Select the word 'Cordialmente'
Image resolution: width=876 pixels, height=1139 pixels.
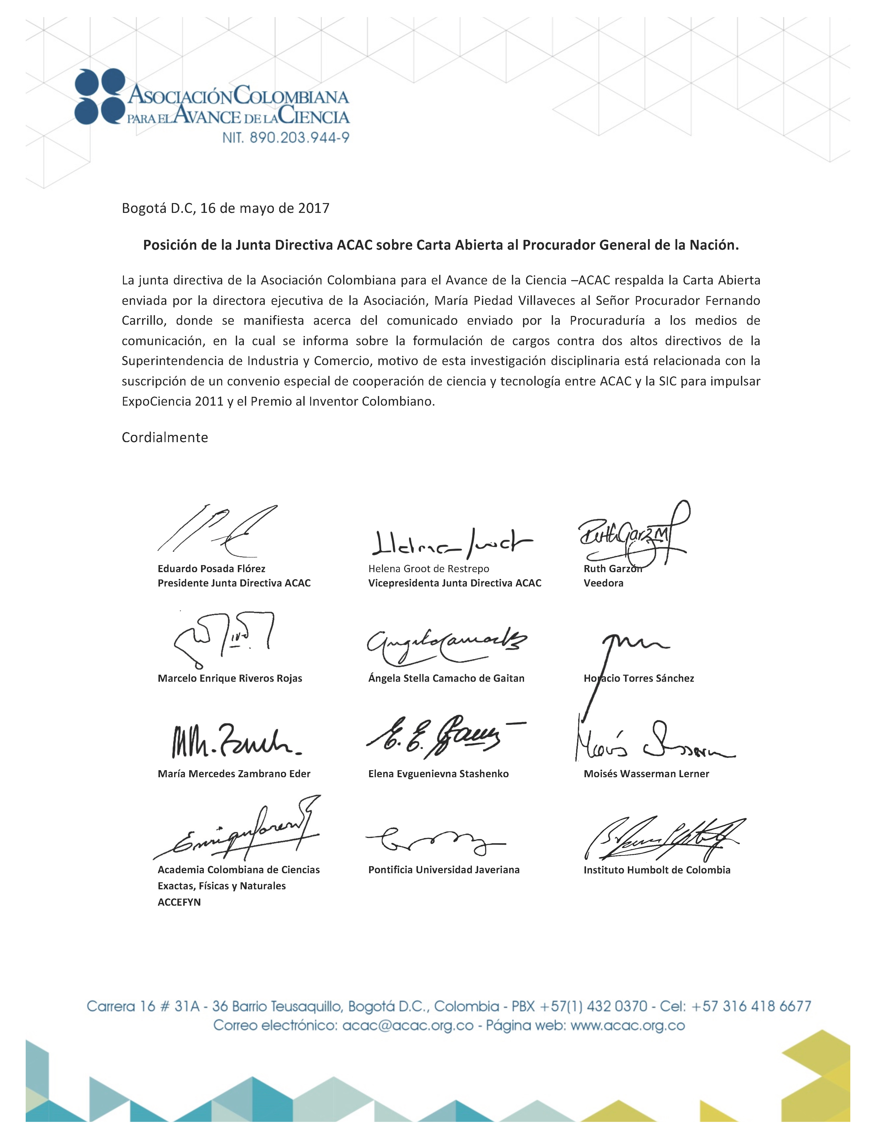pos(165,437)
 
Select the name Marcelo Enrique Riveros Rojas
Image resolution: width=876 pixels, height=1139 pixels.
pos(230,678)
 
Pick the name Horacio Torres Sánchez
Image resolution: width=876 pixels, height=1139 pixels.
pos(639,678)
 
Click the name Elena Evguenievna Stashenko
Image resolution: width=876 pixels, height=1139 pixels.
pos(438,774)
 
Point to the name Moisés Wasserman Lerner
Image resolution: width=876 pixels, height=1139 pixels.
pos(646,774)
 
